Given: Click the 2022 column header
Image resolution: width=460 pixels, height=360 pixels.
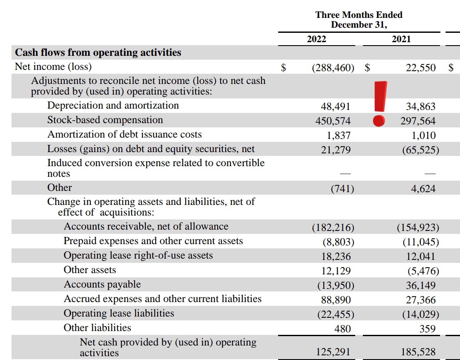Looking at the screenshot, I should pyautogui.click(x=316, y=39).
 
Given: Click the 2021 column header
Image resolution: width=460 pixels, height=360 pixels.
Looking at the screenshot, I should pyautogui.click(x=401, y=39).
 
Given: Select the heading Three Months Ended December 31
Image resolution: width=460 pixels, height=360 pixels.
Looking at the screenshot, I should pyautogui.click(x=359, y=20).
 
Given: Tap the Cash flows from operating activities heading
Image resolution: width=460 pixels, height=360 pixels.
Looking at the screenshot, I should pyautogui.click(x=98, y=53).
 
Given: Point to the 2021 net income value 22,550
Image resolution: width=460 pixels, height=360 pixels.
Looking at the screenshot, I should pyautogui.click(x=420, y=67).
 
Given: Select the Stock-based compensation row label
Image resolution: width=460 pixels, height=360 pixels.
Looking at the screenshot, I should pyautogui.click(x=105, y=120).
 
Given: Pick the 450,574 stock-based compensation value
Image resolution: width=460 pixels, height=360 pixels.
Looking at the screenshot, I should pyautogui.click(x=333, y=121).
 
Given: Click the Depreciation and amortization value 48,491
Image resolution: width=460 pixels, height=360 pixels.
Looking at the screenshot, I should pyautogui.click(x=336, y=107).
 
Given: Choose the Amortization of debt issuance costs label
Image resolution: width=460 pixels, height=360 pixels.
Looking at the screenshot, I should pyautogui.click(x=124, y=135).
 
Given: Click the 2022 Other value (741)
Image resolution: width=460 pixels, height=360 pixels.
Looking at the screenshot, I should pyautogui.click(x=342, y=189).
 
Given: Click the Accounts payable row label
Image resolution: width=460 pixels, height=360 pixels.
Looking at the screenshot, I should pyautogui.click(x=102, y=285).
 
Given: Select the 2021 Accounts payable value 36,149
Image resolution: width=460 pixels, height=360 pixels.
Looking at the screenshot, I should pyautogui.click(x=420, y=285).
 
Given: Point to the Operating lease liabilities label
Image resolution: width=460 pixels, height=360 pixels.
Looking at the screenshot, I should pyautogui.click(x=119, y=314).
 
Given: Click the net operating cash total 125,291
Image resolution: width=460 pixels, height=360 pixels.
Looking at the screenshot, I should pyautogui.click(x=333, y=352).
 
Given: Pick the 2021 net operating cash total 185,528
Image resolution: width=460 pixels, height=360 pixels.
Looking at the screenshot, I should pyautogui.click(x=418, y=352).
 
